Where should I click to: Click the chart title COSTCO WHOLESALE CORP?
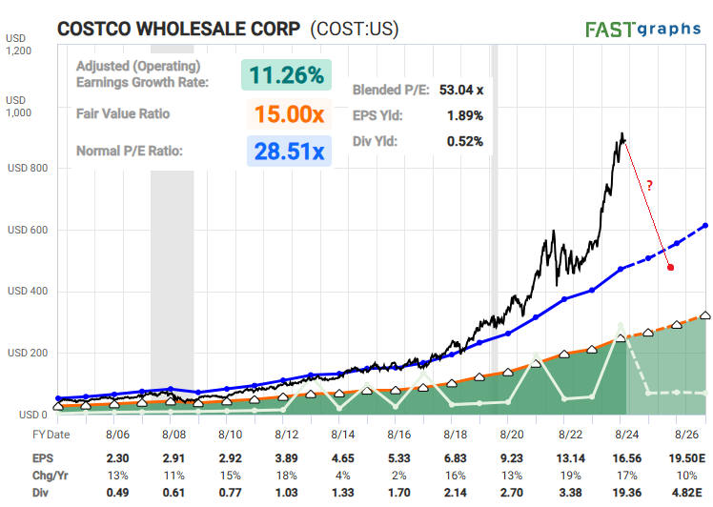pyautogui.click(x=179, y=29)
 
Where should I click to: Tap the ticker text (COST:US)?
pyautogui.click(x=353, y=29)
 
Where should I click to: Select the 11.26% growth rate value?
pyautogui.click(x=286, y=74)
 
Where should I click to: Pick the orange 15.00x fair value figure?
pyautogui.click(x=290, y=114)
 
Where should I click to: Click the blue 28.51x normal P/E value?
pyautogui.click(x=290, y=151)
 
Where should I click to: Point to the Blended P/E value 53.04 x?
pyautogui.click(x=461, y=91)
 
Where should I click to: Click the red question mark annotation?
pyautogui.click(x=650, y=187)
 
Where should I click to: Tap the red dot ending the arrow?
pyautogui.click(x=671, y=268)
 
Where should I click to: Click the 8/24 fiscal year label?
pyautogui.click(x=620, y=435)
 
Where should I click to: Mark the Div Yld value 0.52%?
pyautogui.click(x=464, y=141)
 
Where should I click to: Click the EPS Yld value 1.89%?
pyautogui.click(x=464, y=116)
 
